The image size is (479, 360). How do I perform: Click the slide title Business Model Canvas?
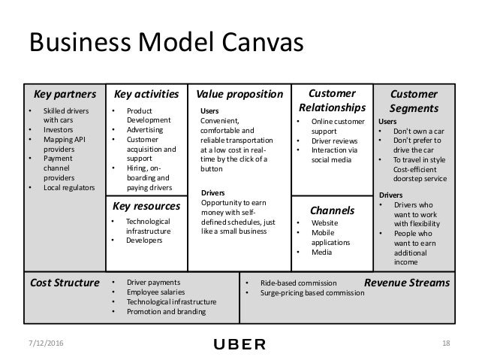(165, 41)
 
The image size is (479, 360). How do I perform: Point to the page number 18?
(447, 344)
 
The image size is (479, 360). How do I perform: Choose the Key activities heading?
(146, 95)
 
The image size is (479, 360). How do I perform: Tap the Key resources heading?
(146, 205)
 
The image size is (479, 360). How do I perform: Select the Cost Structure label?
(64, 283)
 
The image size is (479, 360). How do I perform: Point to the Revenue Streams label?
(406, 283)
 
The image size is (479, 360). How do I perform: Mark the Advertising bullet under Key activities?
(144, 130)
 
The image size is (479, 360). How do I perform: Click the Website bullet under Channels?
(324, 223)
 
